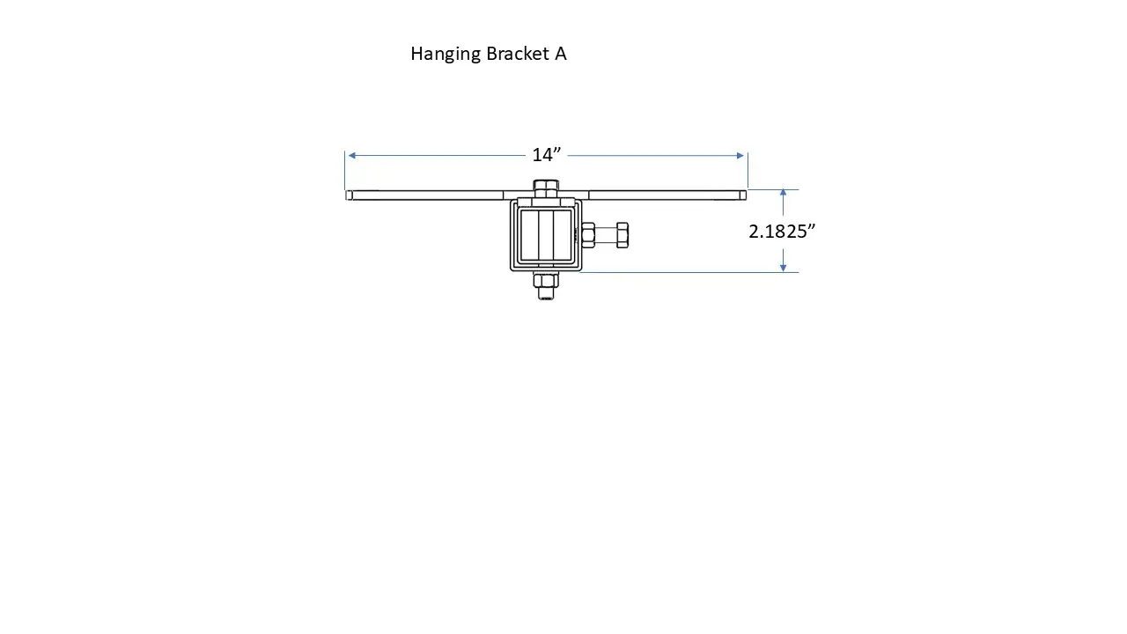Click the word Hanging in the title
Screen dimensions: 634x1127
(446, 55)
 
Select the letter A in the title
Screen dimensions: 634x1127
(560, 54)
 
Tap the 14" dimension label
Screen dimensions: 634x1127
(546, 155)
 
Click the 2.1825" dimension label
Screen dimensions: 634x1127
(782, 232)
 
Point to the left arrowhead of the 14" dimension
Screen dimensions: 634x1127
(351, 156)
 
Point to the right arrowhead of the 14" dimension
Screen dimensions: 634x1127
(740, 156)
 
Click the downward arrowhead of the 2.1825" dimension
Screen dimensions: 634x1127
(783, 267)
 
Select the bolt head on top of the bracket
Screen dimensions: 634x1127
(546, 188)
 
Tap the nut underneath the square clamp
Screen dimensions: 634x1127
(546, 281)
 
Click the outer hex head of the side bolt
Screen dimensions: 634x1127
(622, 235)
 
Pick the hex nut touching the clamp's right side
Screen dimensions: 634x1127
(588, 235)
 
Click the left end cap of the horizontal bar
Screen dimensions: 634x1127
(350, 195)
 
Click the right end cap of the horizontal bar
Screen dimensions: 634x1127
(743, 195)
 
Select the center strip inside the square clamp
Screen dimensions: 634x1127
(546, 236)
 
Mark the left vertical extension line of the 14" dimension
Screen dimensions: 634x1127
(345, 170)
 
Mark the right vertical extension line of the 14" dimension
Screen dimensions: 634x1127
(748, 170)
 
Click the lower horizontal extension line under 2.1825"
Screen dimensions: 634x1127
(687, 272)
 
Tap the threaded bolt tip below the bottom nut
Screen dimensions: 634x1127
(546, 295)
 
